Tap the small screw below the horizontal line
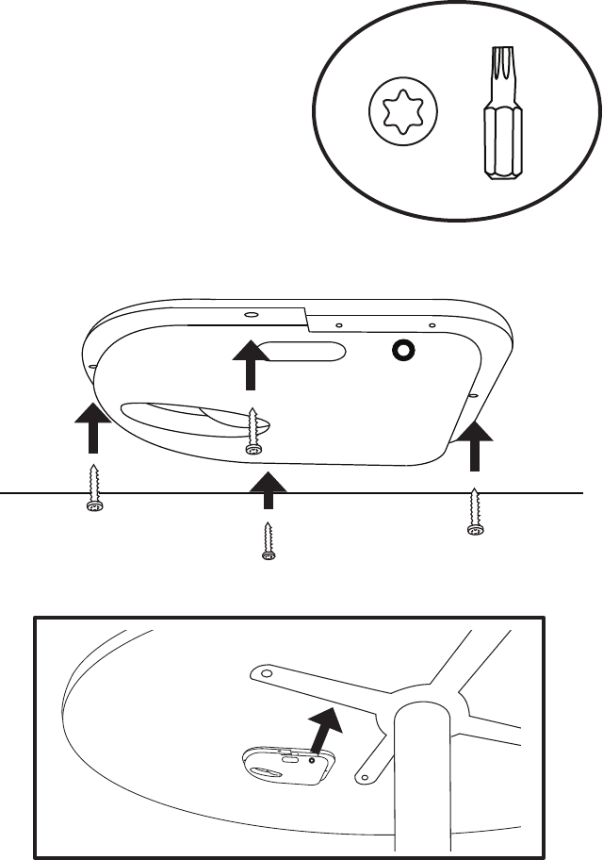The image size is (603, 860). [x=268, y=542]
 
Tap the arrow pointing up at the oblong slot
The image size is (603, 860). [x=251, y=362]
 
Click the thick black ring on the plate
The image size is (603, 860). [x=405, y=350]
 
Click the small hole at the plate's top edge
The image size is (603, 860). [x=251, y=313]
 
